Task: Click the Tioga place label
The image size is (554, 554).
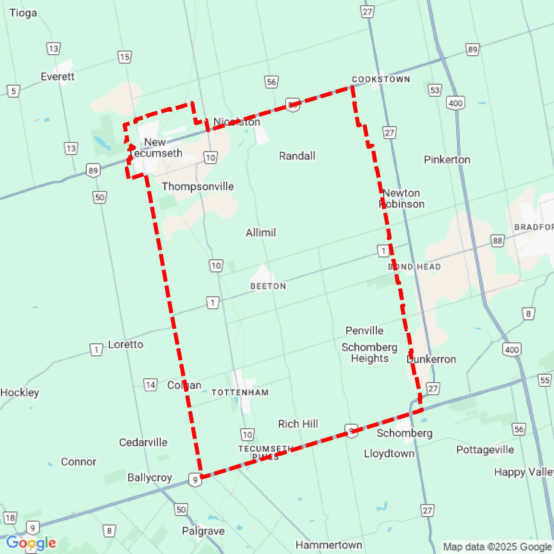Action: (x=23, y=13)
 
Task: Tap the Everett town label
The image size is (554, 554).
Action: (x=57, y=77)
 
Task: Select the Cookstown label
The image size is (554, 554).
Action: (x=381, y=79)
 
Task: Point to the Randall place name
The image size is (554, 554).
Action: (x=297, y=156)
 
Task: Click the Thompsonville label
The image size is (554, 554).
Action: (x=198, y=186)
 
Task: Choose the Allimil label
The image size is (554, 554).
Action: (x=261, y=233)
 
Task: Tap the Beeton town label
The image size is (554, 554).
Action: (x=268, y=286)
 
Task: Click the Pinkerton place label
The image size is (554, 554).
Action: (x=447, y=160)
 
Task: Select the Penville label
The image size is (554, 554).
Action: (x=364, y=331)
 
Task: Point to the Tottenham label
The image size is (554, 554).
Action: (x=240, y=393)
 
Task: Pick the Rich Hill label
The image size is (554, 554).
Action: (x=298, y=424)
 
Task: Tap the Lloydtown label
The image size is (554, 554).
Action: (x=389, y=453)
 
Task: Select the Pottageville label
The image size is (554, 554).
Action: (x=485, y=450)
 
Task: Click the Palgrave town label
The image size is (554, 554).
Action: (x=203, y=531)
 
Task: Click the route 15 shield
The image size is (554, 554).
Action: (x=125, y=57)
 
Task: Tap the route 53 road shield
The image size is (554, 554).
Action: (x=435, y=90)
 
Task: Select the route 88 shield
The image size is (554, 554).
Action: (x=497, y=240)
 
